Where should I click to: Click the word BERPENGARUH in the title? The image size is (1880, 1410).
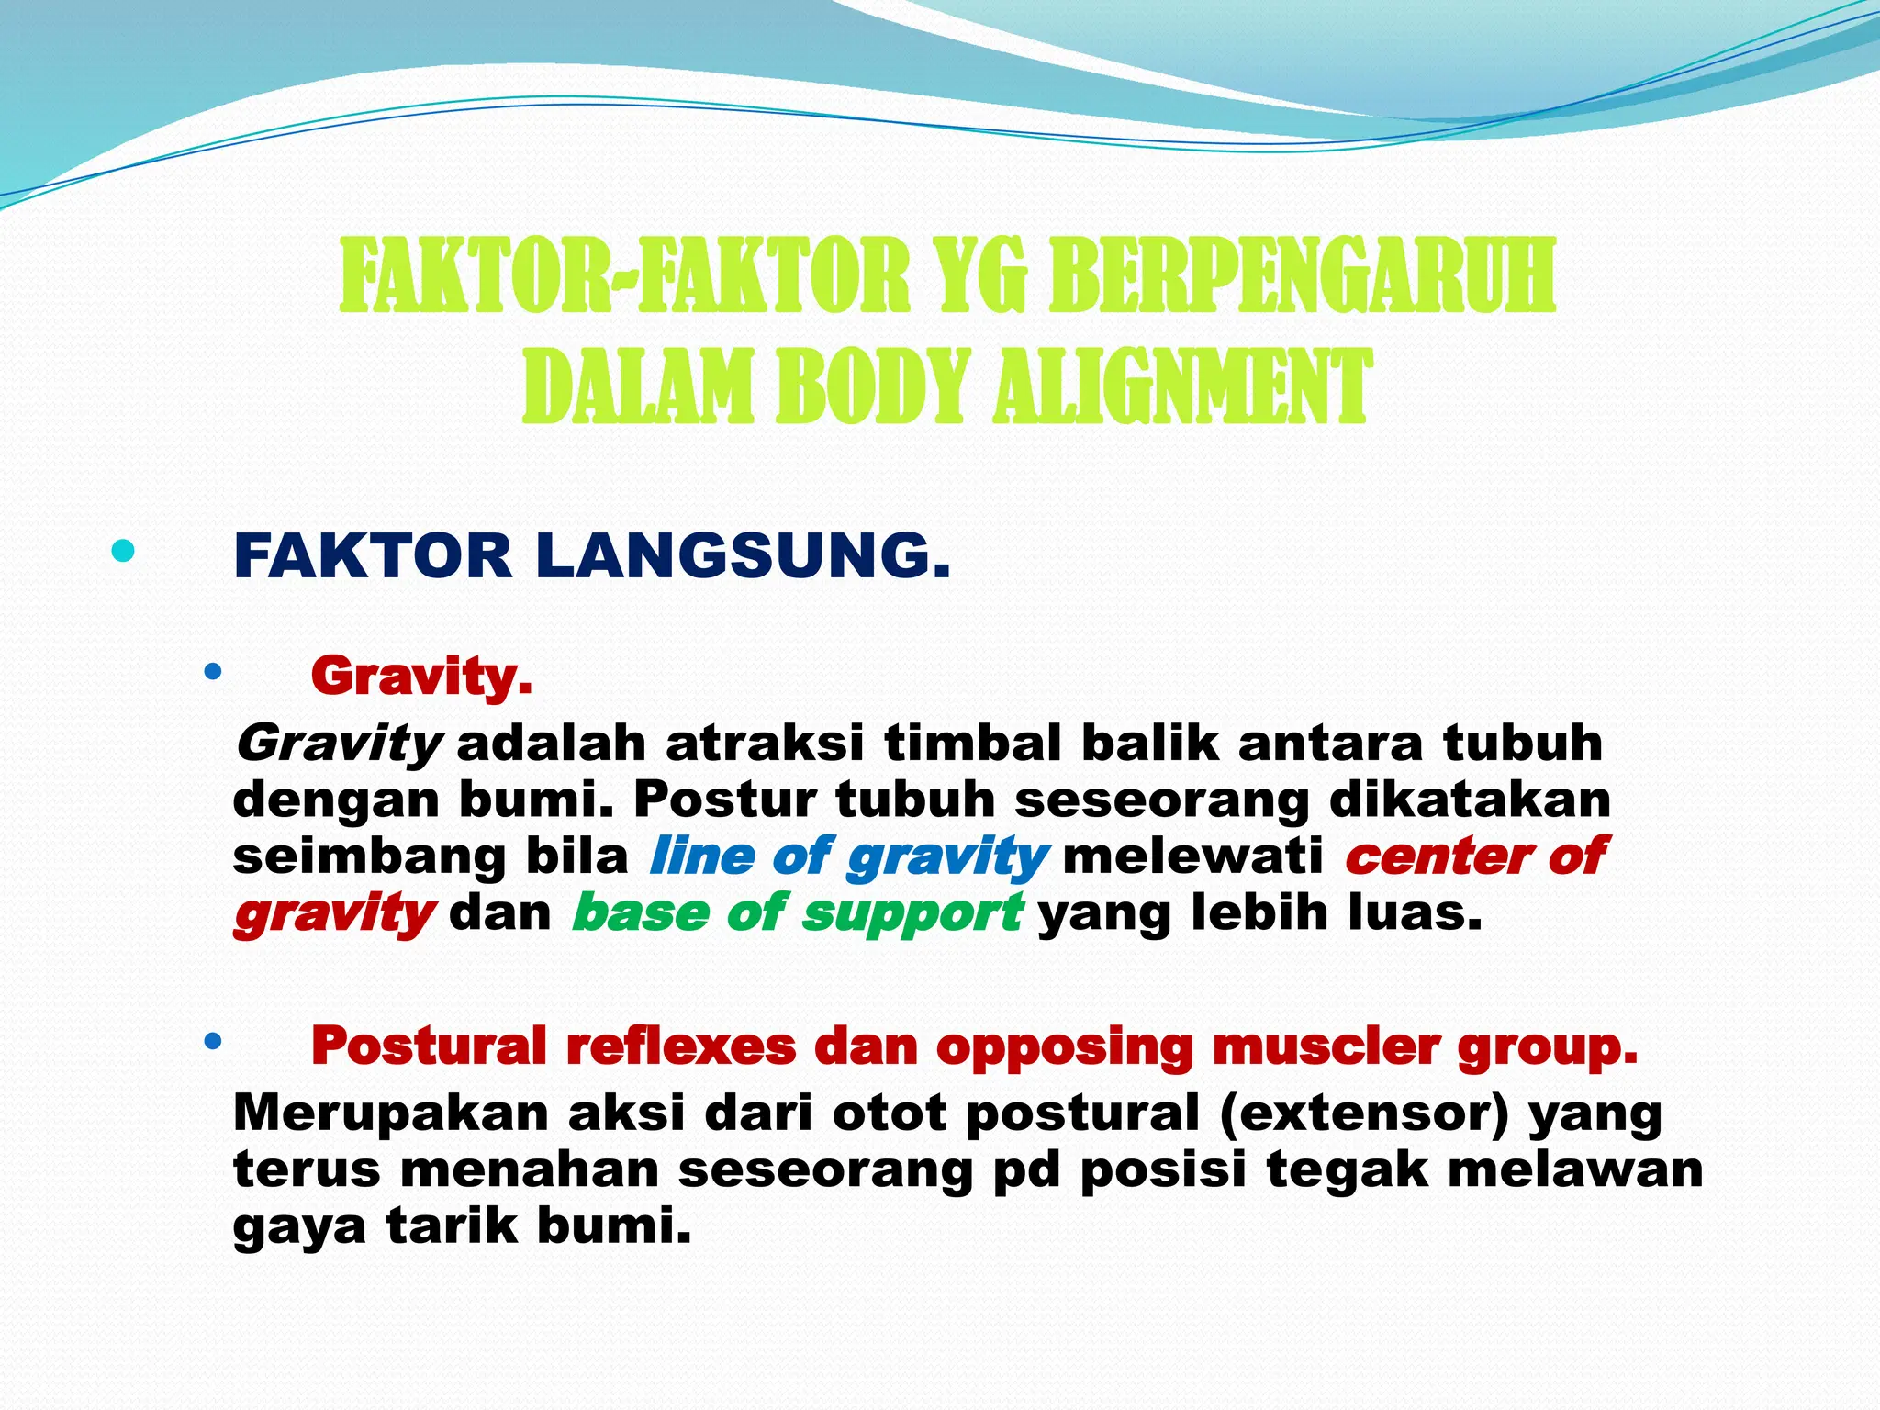coord(1302,275)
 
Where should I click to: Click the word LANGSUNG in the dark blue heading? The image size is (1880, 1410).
coord(743,556)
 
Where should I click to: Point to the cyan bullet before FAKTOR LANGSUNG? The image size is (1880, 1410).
coord(122,552)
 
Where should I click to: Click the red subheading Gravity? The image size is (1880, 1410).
coord(421,677)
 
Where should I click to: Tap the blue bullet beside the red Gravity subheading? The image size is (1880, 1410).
coord(213,673)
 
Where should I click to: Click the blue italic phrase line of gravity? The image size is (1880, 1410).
coord(847,856)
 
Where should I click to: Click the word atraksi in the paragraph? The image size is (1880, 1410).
coord(765,744)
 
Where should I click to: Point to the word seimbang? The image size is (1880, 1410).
coord(369,856)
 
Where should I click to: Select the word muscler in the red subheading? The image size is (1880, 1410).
coord(1326,1046)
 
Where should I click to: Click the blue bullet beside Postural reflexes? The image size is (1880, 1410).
coord(213,1042)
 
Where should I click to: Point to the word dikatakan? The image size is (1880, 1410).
coord(1470,800)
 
